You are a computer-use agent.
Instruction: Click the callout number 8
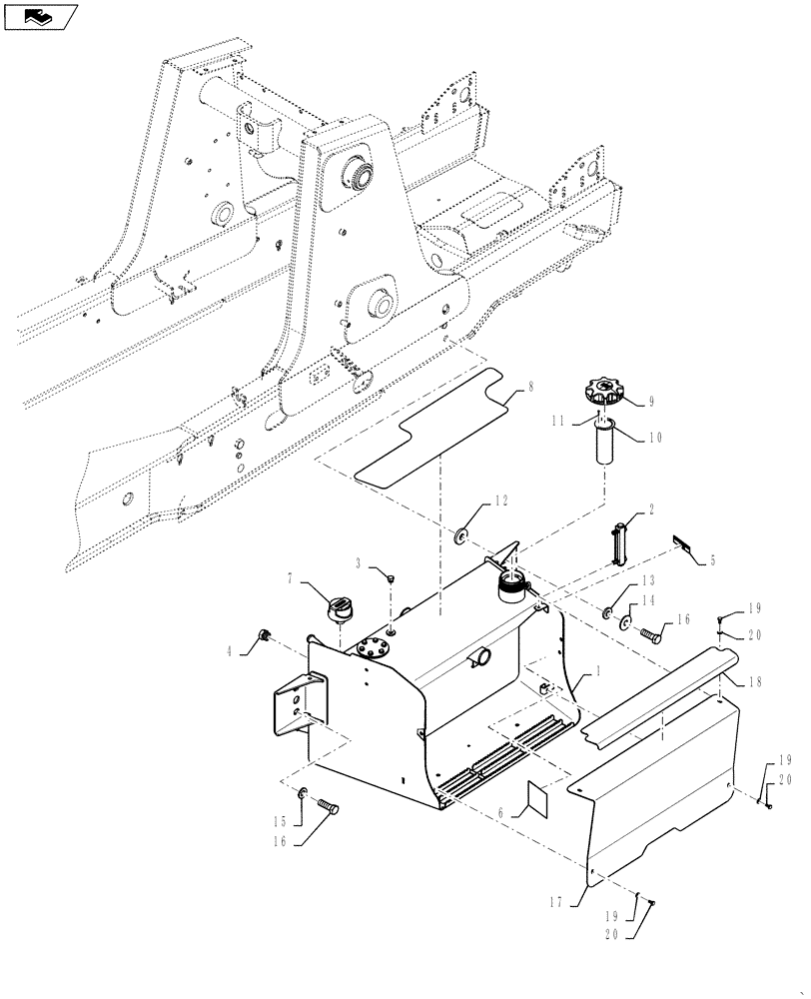pyautogui.click(x=531, y=386)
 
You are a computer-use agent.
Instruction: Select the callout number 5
pyautogui.click(x=712, y=559)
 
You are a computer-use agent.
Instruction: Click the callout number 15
pyautogui.click(x=283, y=821)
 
